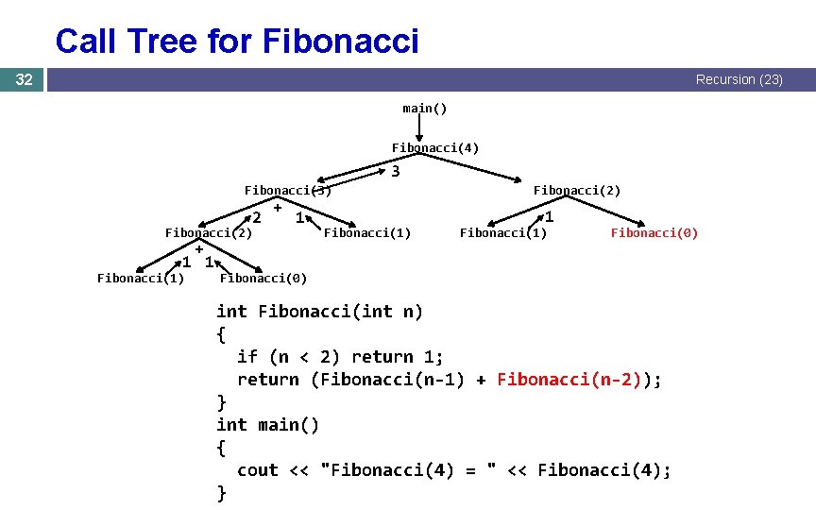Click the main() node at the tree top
425,108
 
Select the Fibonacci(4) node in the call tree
435,147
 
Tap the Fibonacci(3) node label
288,190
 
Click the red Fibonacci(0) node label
654,232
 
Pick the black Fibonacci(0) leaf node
263,278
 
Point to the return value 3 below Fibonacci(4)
396,172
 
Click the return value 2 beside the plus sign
257,218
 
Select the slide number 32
25,80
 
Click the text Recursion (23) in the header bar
739,80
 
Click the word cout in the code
258,470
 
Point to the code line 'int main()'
268,425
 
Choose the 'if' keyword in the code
247,357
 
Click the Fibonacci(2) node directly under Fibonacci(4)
577,190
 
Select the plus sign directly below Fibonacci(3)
278,207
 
